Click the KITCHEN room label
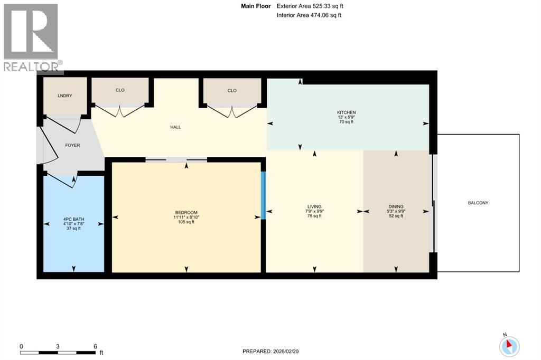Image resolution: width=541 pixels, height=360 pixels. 346,112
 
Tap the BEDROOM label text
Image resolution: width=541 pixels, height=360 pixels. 185,212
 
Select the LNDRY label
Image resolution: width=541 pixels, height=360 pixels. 64,96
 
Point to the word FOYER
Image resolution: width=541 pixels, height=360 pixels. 72,145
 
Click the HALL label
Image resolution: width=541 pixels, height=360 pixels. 175,127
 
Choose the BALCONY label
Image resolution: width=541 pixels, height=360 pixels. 478,203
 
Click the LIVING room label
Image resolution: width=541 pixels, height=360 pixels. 314,206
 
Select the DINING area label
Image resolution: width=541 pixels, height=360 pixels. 396,206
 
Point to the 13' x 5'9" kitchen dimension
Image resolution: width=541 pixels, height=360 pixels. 346,117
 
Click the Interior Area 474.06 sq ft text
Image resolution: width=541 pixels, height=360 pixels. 309,15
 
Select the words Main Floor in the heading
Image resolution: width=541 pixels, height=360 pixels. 256,6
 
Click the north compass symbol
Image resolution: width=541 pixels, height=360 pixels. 509,346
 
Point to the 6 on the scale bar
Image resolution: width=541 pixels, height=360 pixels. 95,346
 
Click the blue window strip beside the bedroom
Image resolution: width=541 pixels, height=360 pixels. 263,195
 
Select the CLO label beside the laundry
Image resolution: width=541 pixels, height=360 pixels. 120,90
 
